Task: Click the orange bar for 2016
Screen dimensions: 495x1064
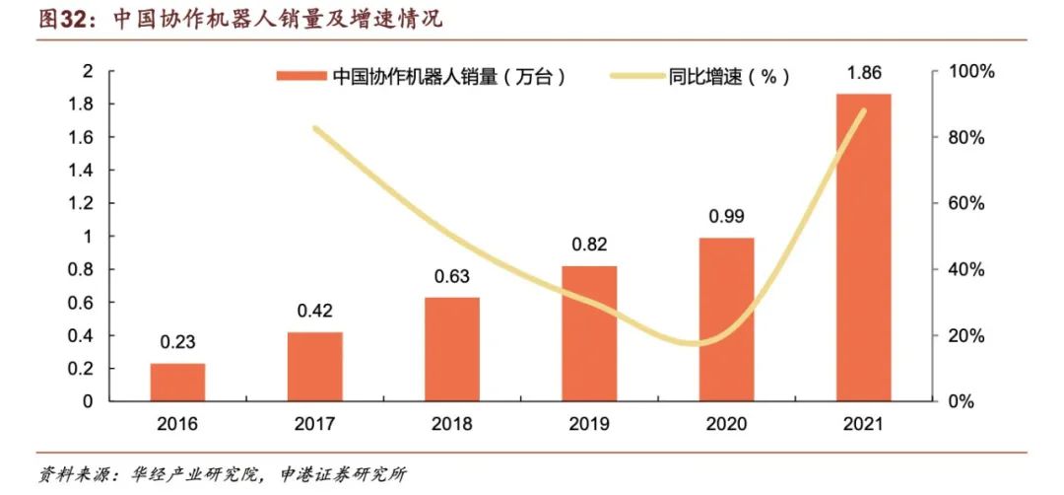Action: pyautogui.click(x=177, y=383)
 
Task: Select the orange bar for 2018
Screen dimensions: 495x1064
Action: pyautogui.click(x=452, y=350)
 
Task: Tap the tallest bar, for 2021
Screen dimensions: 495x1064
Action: pyautogui.click(x=863, y=247)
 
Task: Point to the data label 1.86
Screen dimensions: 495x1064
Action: pyautogui.click(x=863, y=73)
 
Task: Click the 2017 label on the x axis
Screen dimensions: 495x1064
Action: pyautogui.click(x=315, y=424)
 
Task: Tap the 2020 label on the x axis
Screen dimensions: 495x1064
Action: pyautogui.click(x=726, y=424)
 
